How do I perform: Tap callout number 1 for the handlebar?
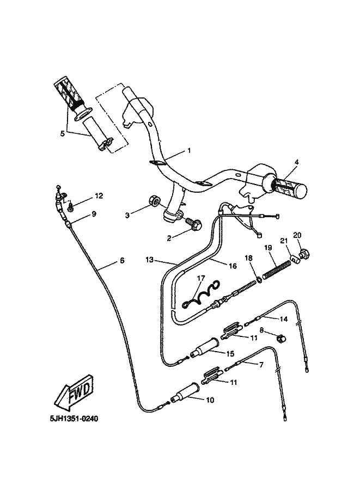(x=189, y=150)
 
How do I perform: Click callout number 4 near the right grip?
(x=297, y=162)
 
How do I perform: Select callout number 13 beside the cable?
(x=150, y=260)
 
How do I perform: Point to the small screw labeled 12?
(x=72, y=205)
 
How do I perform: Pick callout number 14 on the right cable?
(x=283, y=318)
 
